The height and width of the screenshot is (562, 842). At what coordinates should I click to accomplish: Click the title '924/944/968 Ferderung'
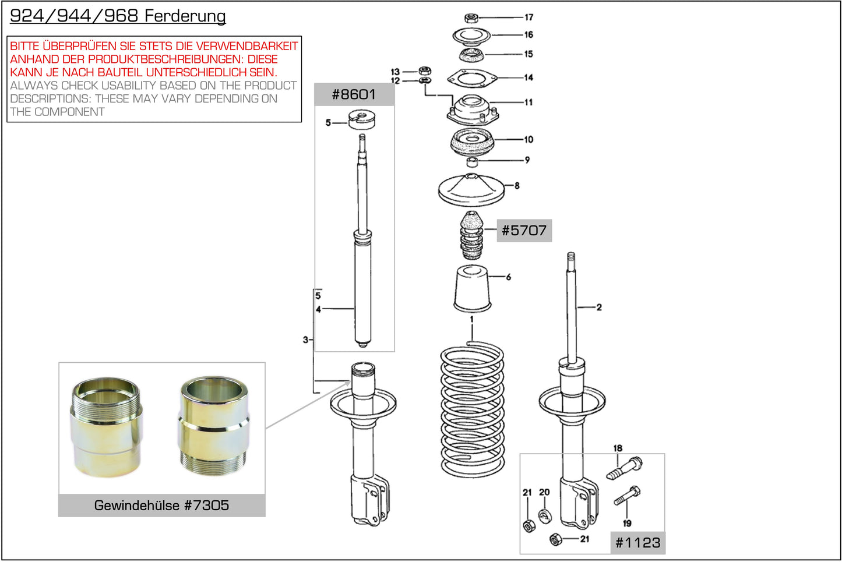point(118,16)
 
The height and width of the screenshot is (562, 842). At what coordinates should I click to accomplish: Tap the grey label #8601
point(354,94)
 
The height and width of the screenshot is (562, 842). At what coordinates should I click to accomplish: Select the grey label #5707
point(524,231)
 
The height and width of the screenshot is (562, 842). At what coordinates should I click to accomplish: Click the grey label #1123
point(638,543)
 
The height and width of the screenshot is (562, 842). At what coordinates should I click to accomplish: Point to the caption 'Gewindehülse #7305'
point(161,506)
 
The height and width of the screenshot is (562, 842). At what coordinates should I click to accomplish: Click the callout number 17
point(529,17)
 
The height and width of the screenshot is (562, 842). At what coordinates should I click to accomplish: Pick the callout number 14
point(529,77)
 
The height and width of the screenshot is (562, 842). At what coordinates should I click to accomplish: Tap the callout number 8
point(517,186)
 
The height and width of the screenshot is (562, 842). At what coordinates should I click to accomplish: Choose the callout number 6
point(508,277)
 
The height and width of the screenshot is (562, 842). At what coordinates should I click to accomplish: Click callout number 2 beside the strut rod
point(598,307)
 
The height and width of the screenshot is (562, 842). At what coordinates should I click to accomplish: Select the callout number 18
point(618,448)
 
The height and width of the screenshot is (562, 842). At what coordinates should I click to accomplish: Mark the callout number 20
point(544,492)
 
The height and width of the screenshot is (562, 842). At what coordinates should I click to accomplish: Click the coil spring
point(472,408)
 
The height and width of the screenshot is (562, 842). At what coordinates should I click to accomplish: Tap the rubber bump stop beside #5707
point(472,236)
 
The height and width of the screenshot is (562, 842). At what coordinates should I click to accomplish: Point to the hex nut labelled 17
point(472,18)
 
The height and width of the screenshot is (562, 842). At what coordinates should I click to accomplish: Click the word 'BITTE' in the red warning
point(25,46)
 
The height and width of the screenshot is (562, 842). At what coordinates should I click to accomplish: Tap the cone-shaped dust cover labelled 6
point(472,288)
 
